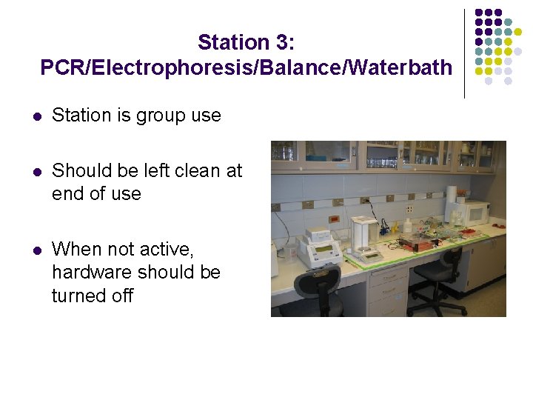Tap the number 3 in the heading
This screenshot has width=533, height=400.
coord(282,42)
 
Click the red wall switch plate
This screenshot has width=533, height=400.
coord(334,219)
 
